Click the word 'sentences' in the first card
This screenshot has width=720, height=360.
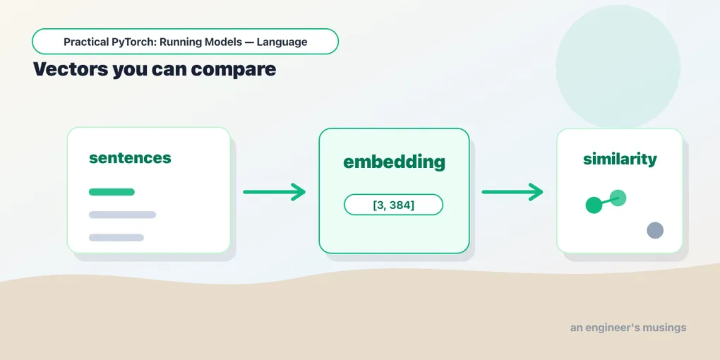[130, 158]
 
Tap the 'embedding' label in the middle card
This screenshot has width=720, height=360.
[394, 162]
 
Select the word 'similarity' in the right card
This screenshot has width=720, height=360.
[620, 160]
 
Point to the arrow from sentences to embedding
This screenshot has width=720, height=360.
[274, 191]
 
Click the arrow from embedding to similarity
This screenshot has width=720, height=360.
[512, 191]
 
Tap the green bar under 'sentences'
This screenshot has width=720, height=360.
[112, 192]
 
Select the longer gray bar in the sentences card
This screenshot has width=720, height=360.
[122, 215]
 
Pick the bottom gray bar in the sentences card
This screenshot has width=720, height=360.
[116, 237]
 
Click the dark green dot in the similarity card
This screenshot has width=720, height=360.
[594, 205]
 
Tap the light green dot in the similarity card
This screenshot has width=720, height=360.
[618, 198]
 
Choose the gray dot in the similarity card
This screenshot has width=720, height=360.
[655, 230]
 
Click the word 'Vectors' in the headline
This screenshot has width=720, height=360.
[71, 69]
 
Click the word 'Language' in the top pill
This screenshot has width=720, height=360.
[282, 42]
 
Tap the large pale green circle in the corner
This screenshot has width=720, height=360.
[618, 66]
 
